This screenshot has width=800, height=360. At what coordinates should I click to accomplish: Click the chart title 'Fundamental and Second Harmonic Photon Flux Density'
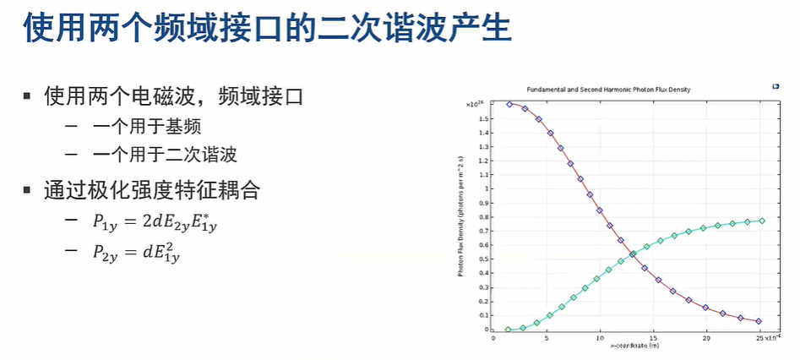[615, 90]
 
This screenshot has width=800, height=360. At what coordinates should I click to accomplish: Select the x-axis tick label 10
[599, 339]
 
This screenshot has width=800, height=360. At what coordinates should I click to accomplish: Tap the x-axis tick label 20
[705, 339]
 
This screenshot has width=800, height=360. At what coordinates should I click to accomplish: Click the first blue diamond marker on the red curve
[509, 104]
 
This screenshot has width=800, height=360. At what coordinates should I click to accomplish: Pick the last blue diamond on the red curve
[759, 321]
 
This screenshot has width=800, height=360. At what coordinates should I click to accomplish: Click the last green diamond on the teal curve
[762, 221]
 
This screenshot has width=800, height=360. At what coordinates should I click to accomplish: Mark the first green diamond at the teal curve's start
[508, 330]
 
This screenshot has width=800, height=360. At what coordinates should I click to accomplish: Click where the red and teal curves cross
[632, 254]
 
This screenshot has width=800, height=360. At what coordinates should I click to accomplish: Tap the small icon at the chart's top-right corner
[776, 86]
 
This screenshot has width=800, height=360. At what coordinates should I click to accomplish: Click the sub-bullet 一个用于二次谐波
[165, 155]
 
